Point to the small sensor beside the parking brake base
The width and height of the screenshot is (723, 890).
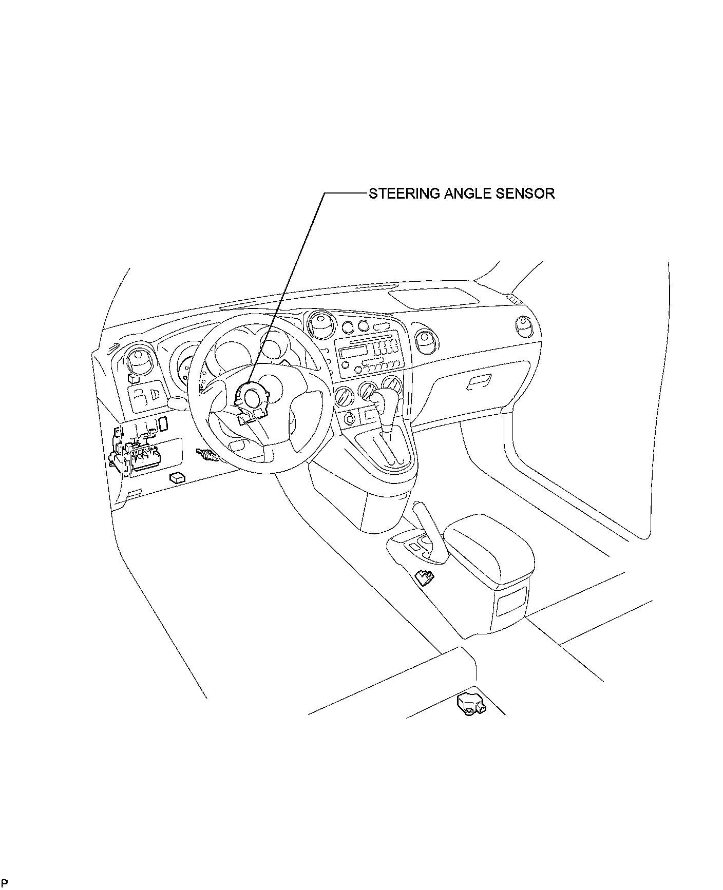(424, 577)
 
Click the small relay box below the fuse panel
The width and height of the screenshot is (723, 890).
(177, 477)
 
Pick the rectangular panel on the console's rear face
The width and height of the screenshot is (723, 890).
(511, 601)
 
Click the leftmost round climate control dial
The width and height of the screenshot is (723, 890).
(344, 396)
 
